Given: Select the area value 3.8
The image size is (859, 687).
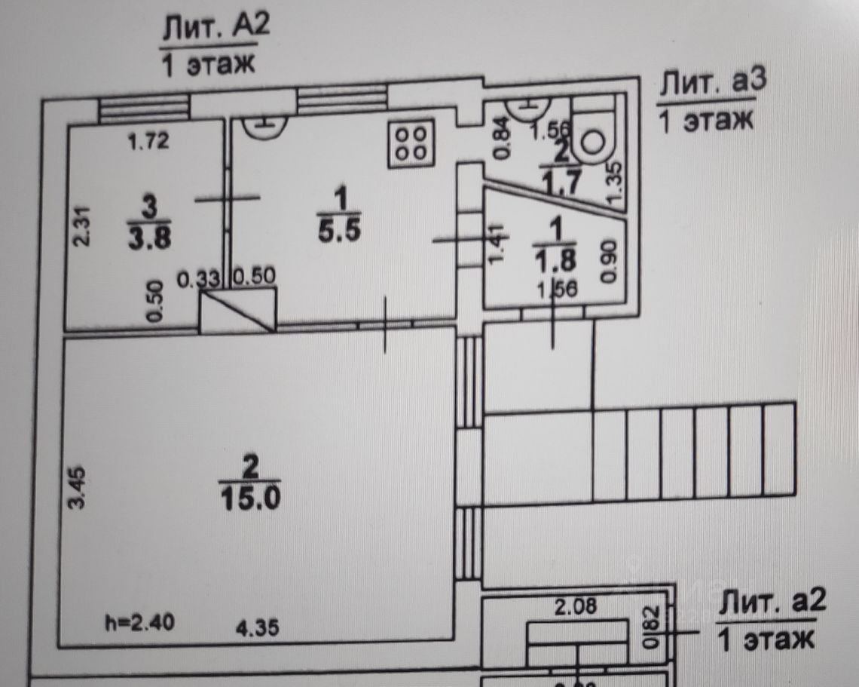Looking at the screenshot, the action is point(151,238).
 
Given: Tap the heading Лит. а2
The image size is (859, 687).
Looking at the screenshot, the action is point(772,603).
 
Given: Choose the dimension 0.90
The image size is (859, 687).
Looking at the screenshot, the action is point(610,262).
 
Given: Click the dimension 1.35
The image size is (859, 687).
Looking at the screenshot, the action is point(613,182).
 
